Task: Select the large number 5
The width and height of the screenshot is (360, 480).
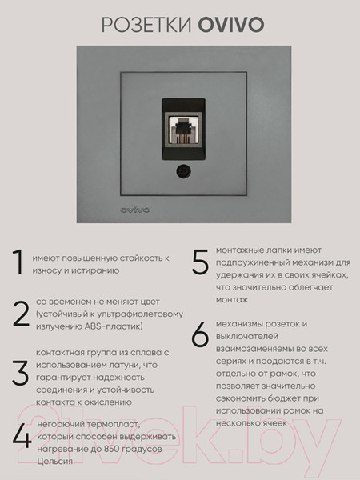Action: tap(201, 262)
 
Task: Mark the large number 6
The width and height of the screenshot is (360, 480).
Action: tap(201, 336)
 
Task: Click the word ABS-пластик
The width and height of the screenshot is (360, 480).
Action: tap(118, 326)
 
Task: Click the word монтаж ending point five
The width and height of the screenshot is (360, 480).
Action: tap(232, 298)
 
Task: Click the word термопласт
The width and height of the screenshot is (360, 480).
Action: tap(110, 425)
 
